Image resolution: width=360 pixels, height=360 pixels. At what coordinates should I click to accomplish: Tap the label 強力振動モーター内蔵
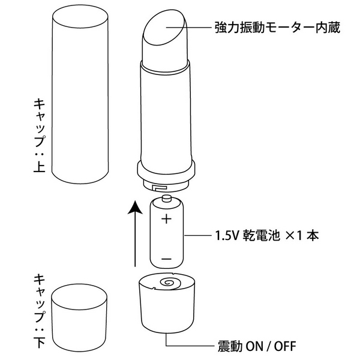pos(268,28)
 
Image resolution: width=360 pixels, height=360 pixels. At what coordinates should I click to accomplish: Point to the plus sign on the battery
pos(166,218)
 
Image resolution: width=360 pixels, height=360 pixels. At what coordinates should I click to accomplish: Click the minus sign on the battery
pos(166,260)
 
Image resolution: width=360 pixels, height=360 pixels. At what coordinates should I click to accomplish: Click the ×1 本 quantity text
pos(303,235)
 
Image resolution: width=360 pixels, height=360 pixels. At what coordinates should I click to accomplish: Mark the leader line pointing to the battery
pos(198,235)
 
